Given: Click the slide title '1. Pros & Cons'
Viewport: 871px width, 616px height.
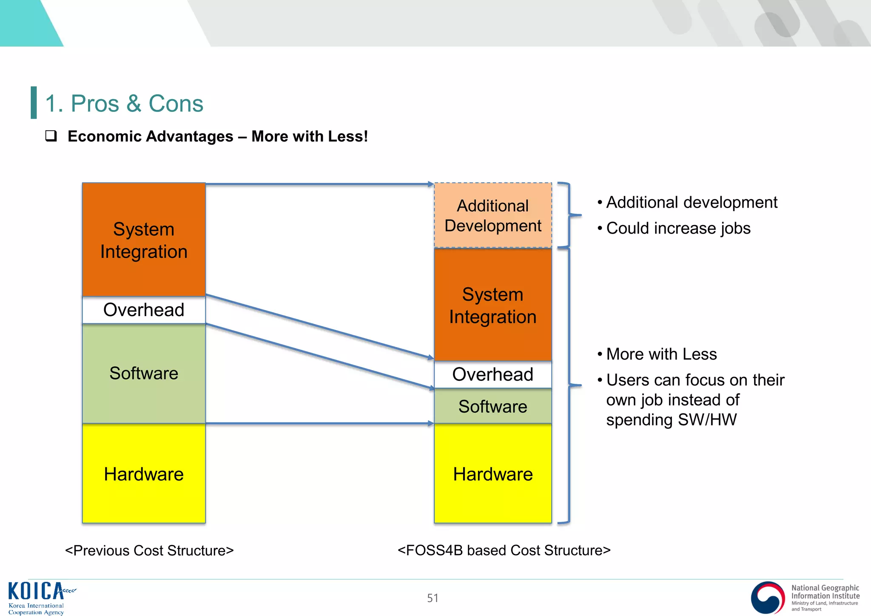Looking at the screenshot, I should (x=124, y=103).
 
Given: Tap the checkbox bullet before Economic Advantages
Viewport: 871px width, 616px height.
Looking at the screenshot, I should (x=51, y=136).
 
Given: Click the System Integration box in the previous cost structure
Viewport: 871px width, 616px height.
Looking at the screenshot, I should (x=144, y=240).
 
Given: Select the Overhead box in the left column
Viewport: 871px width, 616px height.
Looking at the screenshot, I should (x=144, y=310).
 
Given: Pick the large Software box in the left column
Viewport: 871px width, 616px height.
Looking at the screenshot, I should (x=144, y=373).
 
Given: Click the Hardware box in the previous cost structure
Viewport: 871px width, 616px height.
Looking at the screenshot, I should (x=144, y=474).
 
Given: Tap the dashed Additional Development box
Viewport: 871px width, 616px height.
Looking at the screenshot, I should (x=493, y=215).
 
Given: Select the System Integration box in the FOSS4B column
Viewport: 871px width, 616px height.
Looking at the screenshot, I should (x=493, y=305).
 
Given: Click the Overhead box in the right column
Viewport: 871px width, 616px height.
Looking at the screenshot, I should (x=493, y=374).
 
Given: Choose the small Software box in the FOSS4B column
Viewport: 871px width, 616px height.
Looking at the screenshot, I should (x=493, y=406).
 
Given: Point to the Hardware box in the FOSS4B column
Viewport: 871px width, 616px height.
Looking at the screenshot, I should (x=493, y=474).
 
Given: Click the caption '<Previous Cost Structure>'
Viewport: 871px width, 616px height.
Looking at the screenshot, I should (x=149, y=550).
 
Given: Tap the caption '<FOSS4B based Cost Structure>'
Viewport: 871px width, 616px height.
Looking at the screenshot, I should (x=504, y=550).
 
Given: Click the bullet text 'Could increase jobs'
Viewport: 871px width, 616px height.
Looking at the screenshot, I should (x=678, y=228).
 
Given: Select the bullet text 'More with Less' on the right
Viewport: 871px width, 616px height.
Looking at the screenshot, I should (x=661, y=354).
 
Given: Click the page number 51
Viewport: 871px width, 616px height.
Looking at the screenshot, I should (x=433, y=598).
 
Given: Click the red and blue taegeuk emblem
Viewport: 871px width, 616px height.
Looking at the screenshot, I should (x=768, y=597).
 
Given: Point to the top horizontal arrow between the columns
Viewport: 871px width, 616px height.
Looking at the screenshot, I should (x=319, y=184).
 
